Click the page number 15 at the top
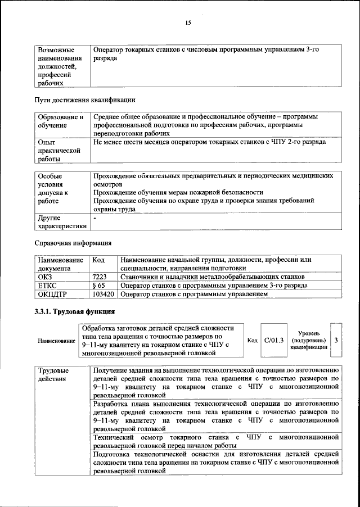[188, 22]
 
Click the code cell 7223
[99, 277]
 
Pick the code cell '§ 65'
[98, 286]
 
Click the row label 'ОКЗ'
[44, 277]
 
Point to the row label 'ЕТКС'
[47, 286]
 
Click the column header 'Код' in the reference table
[98, 260]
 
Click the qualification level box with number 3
[336, 340]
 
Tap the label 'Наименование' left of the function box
[56, 341]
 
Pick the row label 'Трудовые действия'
[53, 374]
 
